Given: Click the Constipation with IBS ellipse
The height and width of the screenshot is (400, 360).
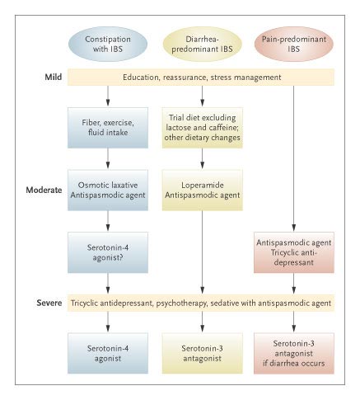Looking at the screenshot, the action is tap(108, 44).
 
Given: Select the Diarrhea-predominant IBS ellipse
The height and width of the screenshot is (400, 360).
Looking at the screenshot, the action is tap(202, 44).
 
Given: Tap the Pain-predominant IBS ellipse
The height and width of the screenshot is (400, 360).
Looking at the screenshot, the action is tap(294, 44).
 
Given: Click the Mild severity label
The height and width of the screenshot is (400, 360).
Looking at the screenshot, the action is tap(54, 77).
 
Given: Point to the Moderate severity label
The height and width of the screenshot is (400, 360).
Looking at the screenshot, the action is tap(44, 190).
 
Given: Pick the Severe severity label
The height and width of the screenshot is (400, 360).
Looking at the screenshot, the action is tap(49, 303).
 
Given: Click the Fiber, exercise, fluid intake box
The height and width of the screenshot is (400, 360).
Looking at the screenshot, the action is tap(108, 128).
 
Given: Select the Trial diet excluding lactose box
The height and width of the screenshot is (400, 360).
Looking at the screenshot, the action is tap(203, 128).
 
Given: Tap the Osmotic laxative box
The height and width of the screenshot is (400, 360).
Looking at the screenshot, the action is tap(108, 190).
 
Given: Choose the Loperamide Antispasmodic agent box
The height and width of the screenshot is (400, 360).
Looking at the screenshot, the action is tap(203, 190).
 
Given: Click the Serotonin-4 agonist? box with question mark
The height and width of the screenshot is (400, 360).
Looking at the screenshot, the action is tap(108, 252).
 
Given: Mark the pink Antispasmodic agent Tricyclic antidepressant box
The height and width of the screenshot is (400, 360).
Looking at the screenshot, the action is tap(294, 252).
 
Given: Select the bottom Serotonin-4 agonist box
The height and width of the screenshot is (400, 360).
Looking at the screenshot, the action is tap(108, 353).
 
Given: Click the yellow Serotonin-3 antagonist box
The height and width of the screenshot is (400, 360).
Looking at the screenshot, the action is tap(203, 353).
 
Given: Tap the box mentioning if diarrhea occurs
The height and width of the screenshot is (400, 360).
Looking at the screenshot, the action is tap(294, 353).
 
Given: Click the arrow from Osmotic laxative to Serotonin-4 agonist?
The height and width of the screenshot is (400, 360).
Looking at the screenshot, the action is tap(108, 221).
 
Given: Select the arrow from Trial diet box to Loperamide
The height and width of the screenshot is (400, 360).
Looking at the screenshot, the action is tap(203, 158).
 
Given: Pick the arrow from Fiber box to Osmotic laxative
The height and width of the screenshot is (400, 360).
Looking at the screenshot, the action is tap(108, 158).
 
